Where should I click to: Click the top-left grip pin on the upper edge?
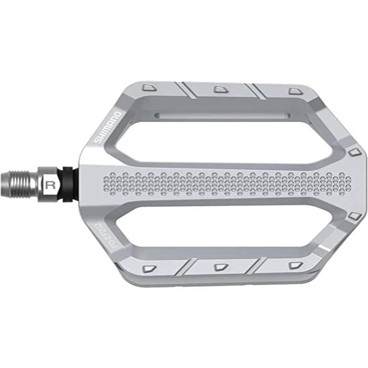coord(149,86)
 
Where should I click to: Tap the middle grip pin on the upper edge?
coord(219,89)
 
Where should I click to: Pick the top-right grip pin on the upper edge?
coord(294,91)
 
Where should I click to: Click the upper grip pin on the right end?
coord(353,152)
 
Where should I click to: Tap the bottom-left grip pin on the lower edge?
coord(149,268)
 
